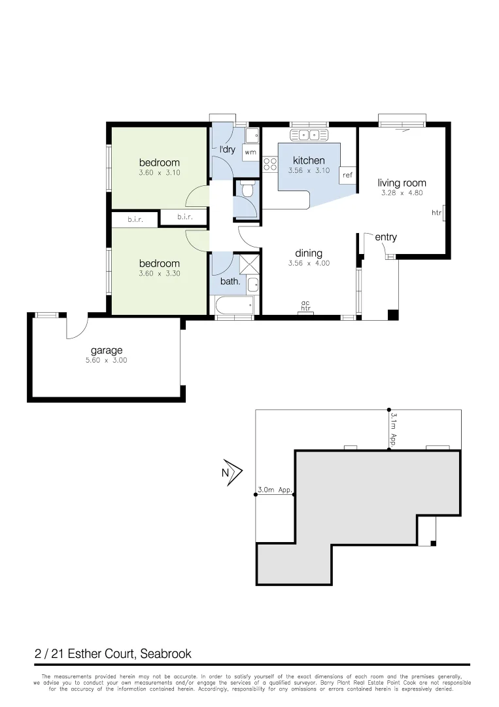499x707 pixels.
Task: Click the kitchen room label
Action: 308,160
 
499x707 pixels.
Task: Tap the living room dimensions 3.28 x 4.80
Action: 402,193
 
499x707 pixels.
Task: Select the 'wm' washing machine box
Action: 250,152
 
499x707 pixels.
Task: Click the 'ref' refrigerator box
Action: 347,175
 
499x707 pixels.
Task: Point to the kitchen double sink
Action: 309,135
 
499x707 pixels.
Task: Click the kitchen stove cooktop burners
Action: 269,164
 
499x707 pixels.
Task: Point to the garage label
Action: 106,350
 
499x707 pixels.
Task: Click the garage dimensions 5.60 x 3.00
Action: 106,360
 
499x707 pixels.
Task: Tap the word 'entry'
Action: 386,237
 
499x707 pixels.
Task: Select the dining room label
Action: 308,253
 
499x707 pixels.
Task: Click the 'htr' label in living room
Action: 436,213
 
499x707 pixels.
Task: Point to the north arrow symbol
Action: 233,471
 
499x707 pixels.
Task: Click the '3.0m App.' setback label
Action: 274,490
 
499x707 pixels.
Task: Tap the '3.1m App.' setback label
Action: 394,429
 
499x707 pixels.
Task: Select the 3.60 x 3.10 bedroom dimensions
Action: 159,173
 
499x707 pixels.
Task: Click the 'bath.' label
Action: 229,283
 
